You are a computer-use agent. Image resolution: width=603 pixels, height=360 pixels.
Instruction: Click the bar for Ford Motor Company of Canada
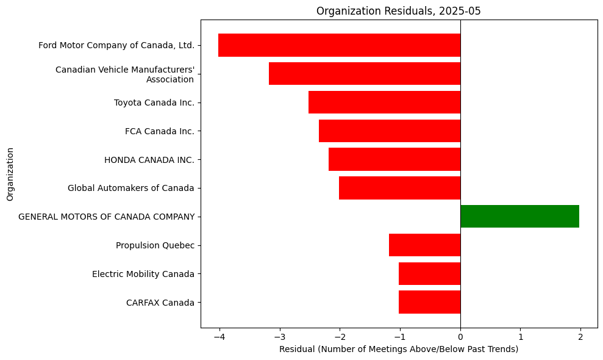(339, 45)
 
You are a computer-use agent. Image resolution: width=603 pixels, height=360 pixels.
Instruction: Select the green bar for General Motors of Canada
(519, 217)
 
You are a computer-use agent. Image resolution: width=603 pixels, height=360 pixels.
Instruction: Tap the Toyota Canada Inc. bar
(384, 103)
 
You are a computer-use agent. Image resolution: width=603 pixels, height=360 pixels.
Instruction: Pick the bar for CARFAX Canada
(429, 302)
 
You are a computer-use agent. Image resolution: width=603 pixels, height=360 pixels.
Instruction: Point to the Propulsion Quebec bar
(424, 245)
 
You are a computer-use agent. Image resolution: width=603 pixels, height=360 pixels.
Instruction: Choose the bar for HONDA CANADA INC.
(394, 159)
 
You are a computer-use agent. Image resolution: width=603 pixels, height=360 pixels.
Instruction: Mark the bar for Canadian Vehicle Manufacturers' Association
(365, 74)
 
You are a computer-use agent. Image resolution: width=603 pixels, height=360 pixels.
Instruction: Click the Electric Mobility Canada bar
(429, 273)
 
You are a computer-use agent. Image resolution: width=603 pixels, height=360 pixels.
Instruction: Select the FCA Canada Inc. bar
(390, 131)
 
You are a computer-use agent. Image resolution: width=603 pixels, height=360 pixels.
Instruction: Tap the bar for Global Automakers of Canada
(399, 188)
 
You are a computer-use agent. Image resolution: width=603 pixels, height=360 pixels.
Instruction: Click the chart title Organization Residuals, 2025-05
(399, 10)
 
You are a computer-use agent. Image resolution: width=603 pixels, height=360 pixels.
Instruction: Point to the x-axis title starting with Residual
(399, 349)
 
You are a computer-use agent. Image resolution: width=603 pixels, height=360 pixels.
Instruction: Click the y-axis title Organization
(10, 174)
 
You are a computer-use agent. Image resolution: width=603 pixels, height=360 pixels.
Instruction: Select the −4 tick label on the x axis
(218, 336)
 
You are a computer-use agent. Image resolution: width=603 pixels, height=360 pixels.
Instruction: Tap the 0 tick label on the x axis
(460, 336)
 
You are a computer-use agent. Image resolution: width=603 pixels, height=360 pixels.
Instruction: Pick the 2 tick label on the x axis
(580, 336)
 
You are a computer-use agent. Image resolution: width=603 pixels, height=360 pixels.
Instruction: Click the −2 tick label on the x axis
(339, 336)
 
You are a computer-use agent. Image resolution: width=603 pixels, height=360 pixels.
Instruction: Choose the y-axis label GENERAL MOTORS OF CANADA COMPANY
(106, 217)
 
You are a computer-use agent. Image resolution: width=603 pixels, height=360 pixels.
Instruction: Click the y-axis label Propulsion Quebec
(155, 245)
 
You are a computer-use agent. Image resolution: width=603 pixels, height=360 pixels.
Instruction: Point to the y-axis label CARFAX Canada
(160, 303)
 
